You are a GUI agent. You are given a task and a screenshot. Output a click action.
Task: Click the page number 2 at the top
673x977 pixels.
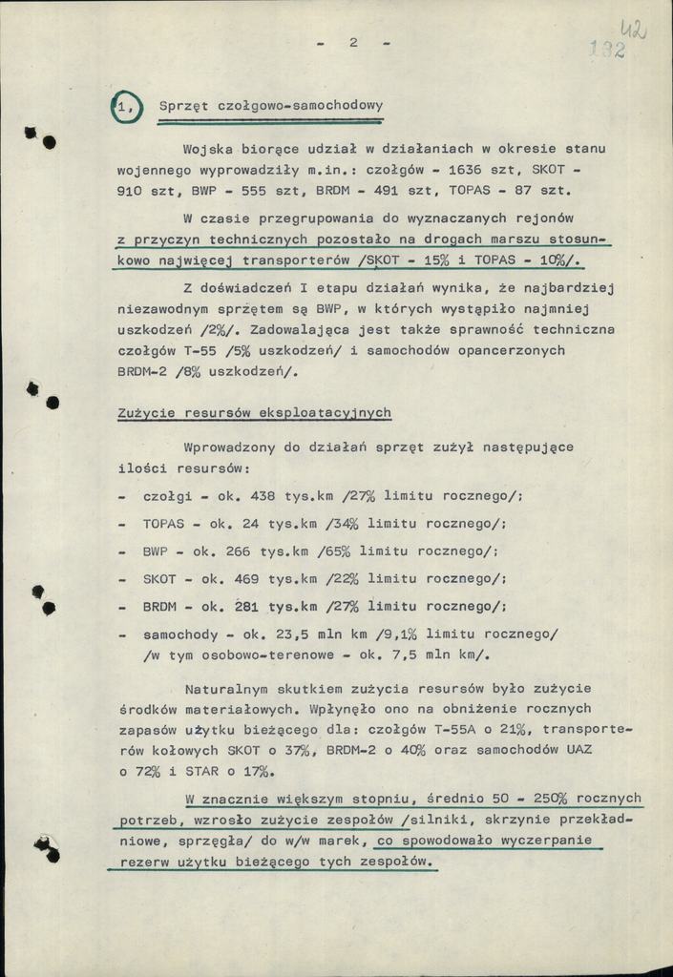pyautogui.click(x=352, y=42)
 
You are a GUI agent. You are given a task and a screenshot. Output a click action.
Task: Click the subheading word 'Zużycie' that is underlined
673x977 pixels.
pyautogui.click(x=147, y=413)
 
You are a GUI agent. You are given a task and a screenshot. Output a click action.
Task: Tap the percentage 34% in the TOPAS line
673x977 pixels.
pyautogui.click(x=342, y=524)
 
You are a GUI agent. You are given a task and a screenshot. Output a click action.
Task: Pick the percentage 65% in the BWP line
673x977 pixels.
pyautogui.click(x=342, y=551)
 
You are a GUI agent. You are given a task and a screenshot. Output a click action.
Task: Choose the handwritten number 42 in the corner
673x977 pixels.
pyautogui.click(x=633, y=31)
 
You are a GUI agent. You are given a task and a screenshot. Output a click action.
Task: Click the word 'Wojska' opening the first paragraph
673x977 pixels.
pyautogui.click(x=210, y=149)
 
